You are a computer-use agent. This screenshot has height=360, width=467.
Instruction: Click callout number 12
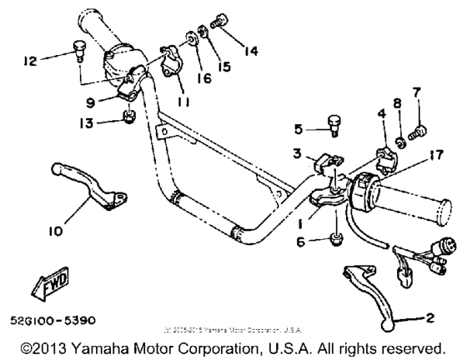(x=30, y=60)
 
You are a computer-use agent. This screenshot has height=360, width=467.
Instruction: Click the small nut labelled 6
(x=335, y=240)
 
